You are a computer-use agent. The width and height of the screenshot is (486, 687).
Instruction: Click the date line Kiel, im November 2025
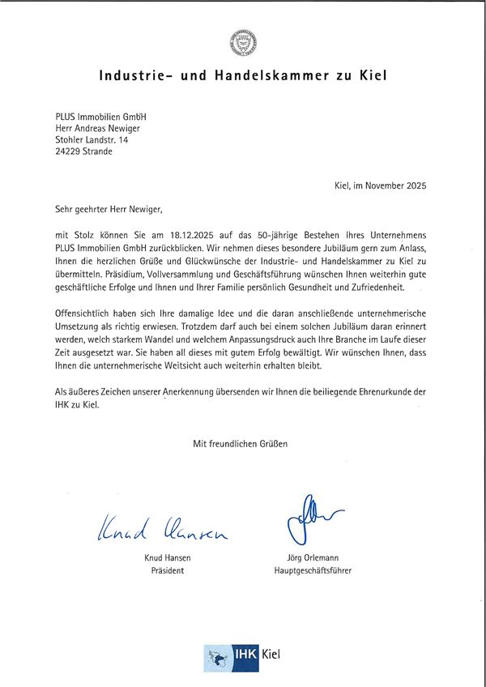pyautogui.click(x=380, y=186)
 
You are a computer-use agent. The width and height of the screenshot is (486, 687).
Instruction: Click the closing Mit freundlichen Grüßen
pyautogui.click(x=240, y=443)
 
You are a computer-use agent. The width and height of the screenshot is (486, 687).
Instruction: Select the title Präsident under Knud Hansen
pyautogui.click(x=165, y=570)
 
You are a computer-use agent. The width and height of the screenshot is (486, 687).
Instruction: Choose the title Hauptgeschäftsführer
pyautogui.click(x=313, y=570)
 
